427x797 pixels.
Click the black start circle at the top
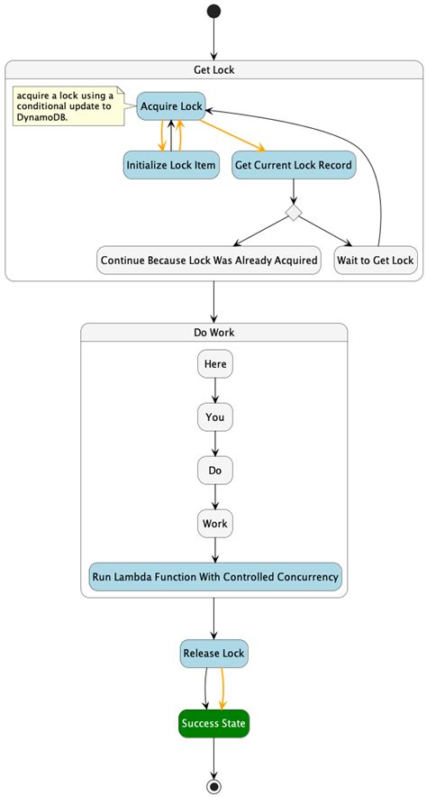(x=213, y=12)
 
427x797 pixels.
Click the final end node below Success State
(x=213, y=785)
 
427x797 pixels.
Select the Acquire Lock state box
(x=171, y=106)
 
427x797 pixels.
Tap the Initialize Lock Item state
(x=171, y=165)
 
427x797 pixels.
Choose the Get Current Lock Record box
(x=293, y=165)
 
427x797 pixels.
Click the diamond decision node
(x=293, y=213)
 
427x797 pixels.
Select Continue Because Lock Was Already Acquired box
(x=208, y=261)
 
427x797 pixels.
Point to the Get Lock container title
(x=213, y=69)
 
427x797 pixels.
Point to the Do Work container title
(x=213, y=333)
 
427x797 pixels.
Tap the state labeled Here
(x=214, y=364)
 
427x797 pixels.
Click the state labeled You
(x=214, y=417)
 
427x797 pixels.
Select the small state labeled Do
(x=214, y=471)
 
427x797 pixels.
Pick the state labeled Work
(x=214, y=524)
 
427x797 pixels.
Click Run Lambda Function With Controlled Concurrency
(x=214, y=576)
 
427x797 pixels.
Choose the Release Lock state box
(x=213, y=653)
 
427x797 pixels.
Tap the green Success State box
(x=213, y=723)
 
